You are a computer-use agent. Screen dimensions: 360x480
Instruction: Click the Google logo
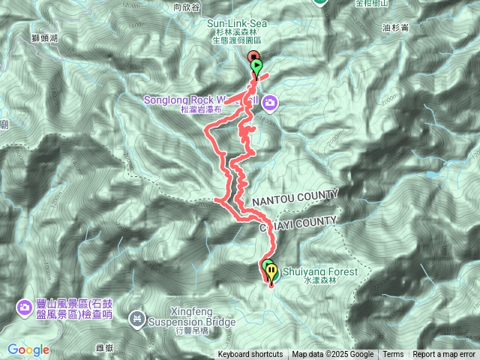pos(28,349)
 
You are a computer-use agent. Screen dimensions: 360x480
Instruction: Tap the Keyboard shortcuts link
pos(251,355)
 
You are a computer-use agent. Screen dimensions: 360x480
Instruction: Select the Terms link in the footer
pos(393,355)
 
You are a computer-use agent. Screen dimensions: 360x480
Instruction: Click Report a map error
pos(445,355)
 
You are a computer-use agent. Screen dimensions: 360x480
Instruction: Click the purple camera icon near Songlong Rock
pos(269,102)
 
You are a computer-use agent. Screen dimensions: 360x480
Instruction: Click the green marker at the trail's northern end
pos(257,66)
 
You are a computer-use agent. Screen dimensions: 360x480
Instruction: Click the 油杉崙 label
pos(394,28)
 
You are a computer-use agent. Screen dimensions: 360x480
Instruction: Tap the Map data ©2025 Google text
pos(332,355)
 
